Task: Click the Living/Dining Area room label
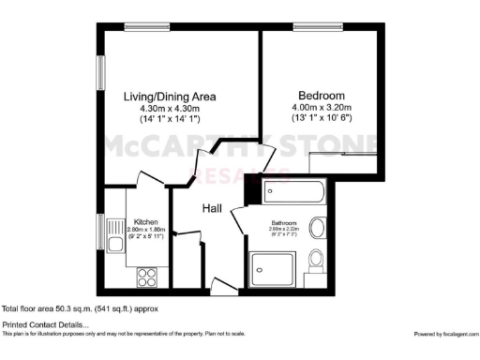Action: point(171,96)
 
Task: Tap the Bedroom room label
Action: point(322,96)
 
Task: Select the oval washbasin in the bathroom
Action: point(317,228)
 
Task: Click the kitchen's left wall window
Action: point(99,232)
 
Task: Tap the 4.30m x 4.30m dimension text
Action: point(171,108)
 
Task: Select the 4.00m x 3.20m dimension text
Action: point(322,107)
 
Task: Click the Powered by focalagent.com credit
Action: point(445,334)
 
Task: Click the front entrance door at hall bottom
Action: point(223,285)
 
